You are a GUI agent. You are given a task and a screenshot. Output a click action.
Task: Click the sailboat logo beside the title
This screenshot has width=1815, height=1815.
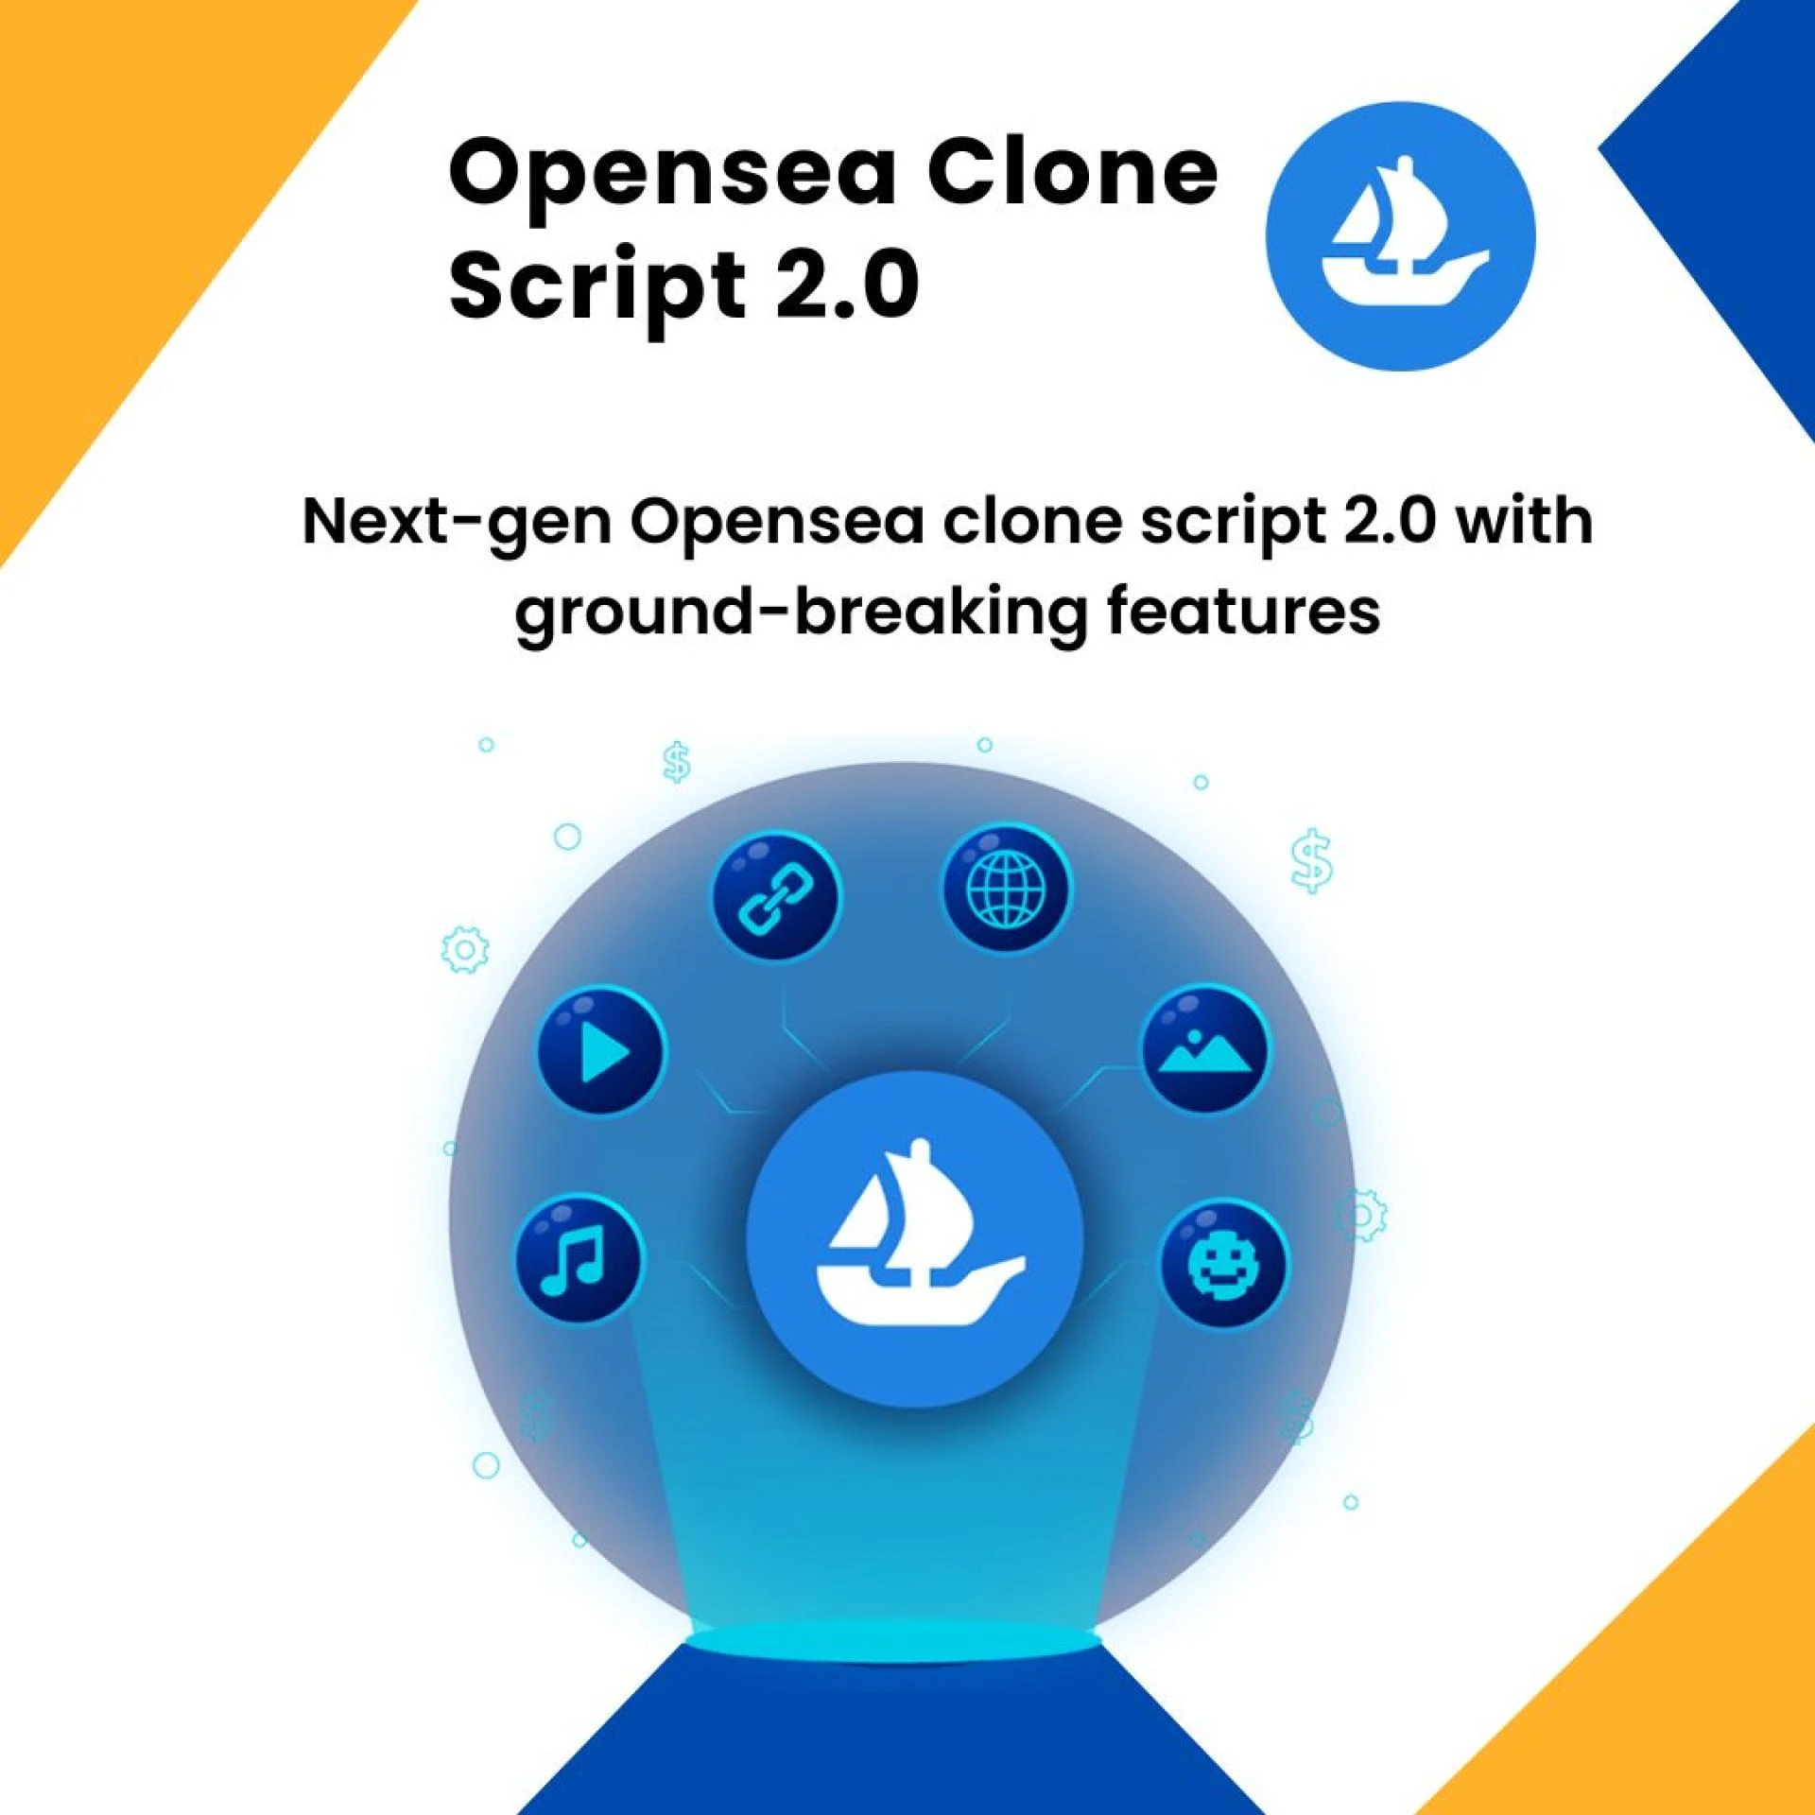(1400, 236)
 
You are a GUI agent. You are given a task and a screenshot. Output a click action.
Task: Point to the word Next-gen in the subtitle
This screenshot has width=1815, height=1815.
(457, 523)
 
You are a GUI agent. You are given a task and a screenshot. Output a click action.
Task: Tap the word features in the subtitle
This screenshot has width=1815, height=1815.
(1243, 610)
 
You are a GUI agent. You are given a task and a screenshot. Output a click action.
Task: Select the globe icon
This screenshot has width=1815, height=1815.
(1007, 889)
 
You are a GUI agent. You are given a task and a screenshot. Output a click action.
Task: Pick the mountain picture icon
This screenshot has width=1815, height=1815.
(1205, 1049)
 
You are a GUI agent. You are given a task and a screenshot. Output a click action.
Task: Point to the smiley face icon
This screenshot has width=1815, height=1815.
(1223, 1264)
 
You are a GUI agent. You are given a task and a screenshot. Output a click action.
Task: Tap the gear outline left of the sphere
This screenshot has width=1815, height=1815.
(465, 949)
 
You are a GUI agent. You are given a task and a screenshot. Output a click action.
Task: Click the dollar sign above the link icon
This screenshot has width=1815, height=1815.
(677, 762)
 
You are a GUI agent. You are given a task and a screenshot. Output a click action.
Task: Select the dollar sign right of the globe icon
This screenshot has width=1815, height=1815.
(1312, 861)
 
